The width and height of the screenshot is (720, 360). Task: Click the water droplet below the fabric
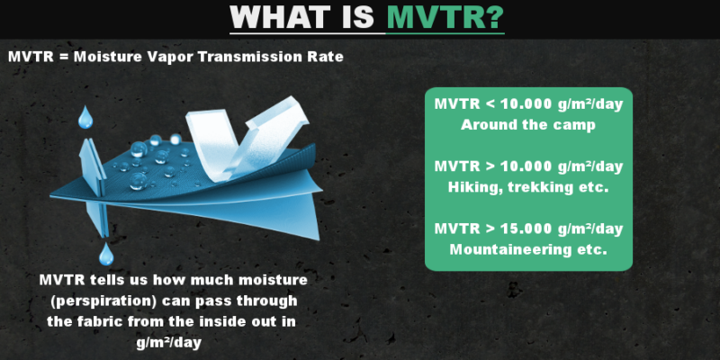pyautogui.click(x=106, y=253)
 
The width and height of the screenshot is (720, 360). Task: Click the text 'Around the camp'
pyautogui.click(x=528, y=123)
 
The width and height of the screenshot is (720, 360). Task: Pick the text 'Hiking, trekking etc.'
pyautogui.click(x=528, y=186)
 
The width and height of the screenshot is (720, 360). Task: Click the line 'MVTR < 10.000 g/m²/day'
pyautogui.click(x=528, y=104)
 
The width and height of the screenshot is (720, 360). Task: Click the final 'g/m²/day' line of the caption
pyautogui.click(x=168, y=342)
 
